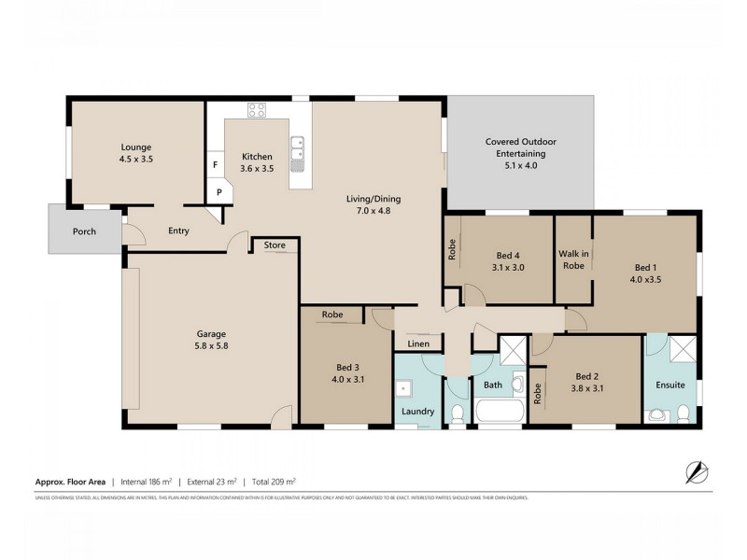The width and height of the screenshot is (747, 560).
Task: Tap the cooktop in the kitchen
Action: [x=257, y=111]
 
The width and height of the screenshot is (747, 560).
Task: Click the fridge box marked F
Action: [x=216, y=165]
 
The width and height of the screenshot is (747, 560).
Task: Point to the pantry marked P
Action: [x=219, y=192]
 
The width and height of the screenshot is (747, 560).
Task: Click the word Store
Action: [x=275, y=245]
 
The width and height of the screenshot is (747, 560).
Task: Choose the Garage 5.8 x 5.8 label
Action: [x=211, y=340]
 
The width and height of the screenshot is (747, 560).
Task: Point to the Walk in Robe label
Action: [x=572, y=259]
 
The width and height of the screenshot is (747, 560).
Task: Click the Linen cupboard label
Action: [x=418, y=344]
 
